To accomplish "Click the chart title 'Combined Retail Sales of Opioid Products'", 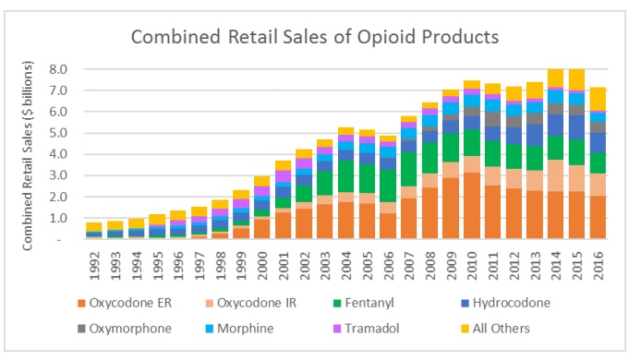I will pos(314,38).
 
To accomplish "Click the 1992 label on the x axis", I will pos(93,264).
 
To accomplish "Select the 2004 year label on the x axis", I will pos(346,264).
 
